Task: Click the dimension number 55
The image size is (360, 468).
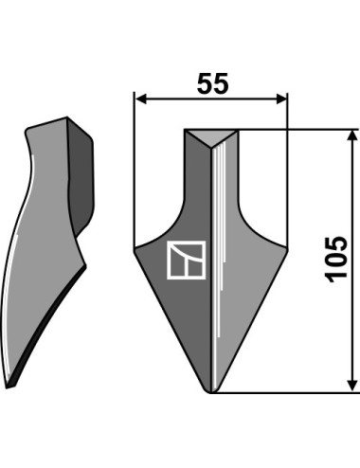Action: (212, 83)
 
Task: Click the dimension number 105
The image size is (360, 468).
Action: (336, 259)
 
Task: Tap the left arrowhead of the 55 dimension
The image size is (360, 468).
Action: (141, 99)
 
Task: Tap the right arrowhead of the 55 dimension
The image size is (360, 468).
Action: (281, 99)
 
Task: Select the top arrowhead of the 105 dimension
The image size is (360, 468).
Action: (352, 135)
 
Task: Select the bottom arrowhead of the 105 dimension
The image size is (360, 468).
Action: (352, 386)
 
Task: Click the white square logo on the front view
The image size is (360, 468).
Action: (187, 260)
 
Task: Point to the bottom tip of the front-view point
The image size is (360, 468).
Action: (211, 392)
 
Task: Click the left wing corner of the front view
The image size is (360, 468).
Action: (135, 248)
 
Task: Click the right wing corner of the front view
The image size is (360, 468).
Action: (287, 248)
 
